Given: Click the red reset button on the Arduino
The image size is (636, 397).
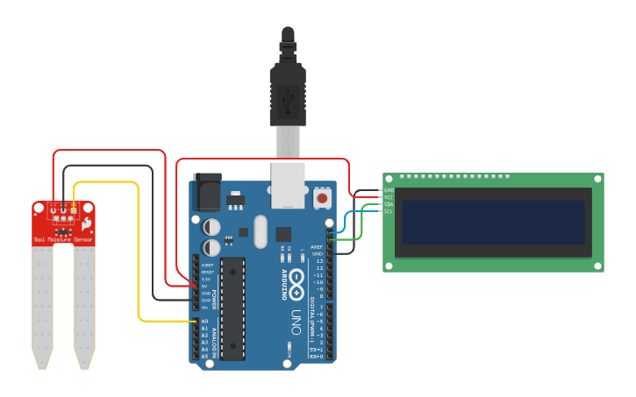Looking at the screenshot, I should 322,199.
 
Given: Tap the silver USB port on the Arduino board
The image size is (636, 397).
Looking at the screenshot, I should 288,185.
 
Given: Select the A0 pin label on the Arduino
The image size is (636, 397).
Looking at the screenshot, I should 204,322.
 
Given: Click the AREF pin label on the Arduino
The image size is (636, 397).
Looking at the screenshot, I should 318,247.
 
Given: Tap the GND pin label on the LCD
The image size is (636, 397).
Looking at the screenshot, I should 389,190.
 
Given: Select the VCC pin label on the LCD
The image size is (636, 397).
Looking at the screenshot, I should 389,197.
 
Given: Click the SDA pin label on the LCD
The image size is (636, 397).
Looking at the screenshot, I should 389,204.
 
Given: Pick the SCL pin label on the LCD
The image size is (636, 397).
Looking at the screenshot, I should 389,211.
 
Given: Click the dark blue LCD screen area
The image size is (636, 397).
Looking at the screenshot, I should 493,223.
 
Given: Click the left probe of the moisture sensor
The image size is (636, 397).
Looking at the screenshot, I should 42,302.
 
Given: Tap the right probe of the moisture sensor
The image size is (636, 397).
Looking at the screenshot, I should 84,302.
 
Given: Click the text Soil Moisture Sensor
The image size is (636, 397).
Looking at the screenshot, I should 63,238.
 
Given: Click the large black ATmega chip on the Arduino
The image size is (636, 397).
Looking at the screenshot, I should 232,308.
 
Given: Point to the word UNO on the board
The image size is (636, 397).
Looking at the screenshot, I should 296,322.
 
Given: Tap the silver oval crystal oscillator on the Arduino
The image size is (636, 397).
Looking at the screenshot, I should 259,231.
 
